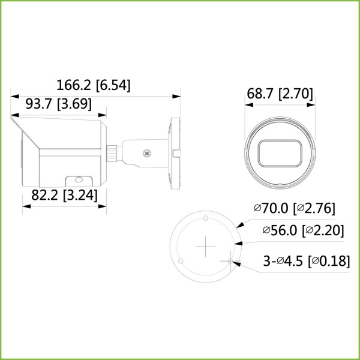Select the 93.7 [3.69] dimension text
click(x=58, y=104)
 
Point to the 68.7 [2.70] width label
click(x=280, y=94)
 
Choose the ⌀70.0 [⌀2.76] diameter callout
click(x=294, y=209)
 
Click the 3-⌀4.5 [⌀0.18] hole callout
click(x=307, y=261)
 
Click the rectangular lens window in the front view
click(x=279, y=153)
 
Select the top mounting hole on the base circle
click(x=205, y=218)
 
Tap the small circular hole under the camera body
click(x=77, y=179)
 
